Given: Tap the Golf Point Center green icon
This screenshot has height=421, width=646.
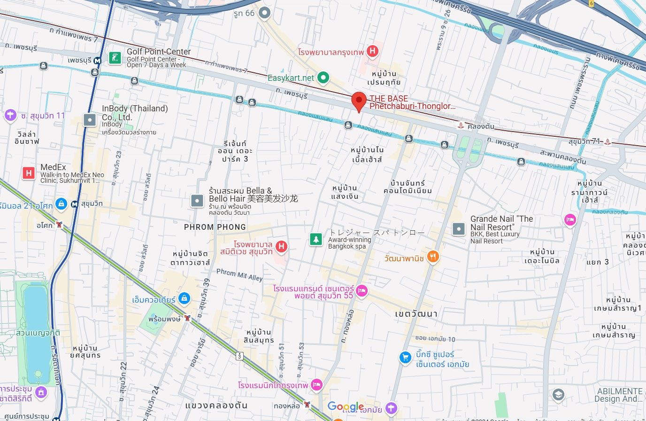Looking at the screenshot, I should coord(115,58).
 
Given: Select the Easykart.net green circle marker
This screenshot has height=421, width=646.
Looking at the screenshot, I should coord(323,78).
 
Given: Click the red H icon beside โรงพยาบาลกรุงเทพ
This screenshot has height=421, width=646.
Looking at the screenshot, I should coord(372,51).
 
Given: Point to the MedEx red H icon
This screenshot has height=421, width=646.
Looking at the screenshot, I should coord(29,173).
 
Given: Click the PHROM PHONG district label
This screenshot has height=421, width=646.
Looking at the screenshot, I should coord(215,227).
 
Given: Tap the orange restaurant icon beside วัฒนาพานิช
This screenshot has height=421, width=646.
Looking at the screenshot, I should coord(433,257).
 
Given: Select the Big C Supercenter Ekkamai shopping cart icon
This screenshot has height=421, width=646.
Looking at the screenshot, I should coord(405,358).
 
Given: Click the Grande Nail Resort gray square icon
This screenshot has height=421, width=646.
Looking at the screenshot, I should coord(458,229).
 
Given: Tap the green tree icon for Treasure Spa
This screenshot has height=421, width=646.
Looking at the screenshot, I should coord(316,239).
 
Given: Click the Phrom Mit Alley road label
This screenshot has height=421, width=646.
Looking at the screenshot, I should coord(239,274).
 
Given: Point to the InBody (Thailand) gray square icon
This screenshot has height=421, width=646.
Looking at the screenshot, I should coord(90,120).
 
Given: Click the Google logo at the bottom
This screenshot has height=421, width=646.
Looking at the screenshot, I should coord(346,407).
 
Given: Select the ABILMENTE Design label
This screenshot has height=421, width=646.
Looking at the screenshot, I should coord(619,395).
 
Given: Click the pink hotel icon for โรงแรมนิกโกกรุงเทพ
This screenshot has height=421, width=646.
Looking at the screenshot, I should coord(316,385).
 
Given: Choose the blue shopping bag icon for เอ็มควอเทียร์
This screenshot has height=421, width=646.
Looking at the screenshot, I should coord(184,298).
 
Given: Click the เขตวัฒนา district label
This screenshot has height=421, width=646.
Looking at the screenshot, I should coord(416,314).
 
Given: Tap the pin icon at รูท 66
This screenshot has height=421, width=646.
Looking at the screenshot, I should coord(265,13).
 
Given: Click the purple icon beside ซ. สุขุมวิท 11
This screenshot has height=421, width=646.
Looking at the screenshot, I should coord(10,115).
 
